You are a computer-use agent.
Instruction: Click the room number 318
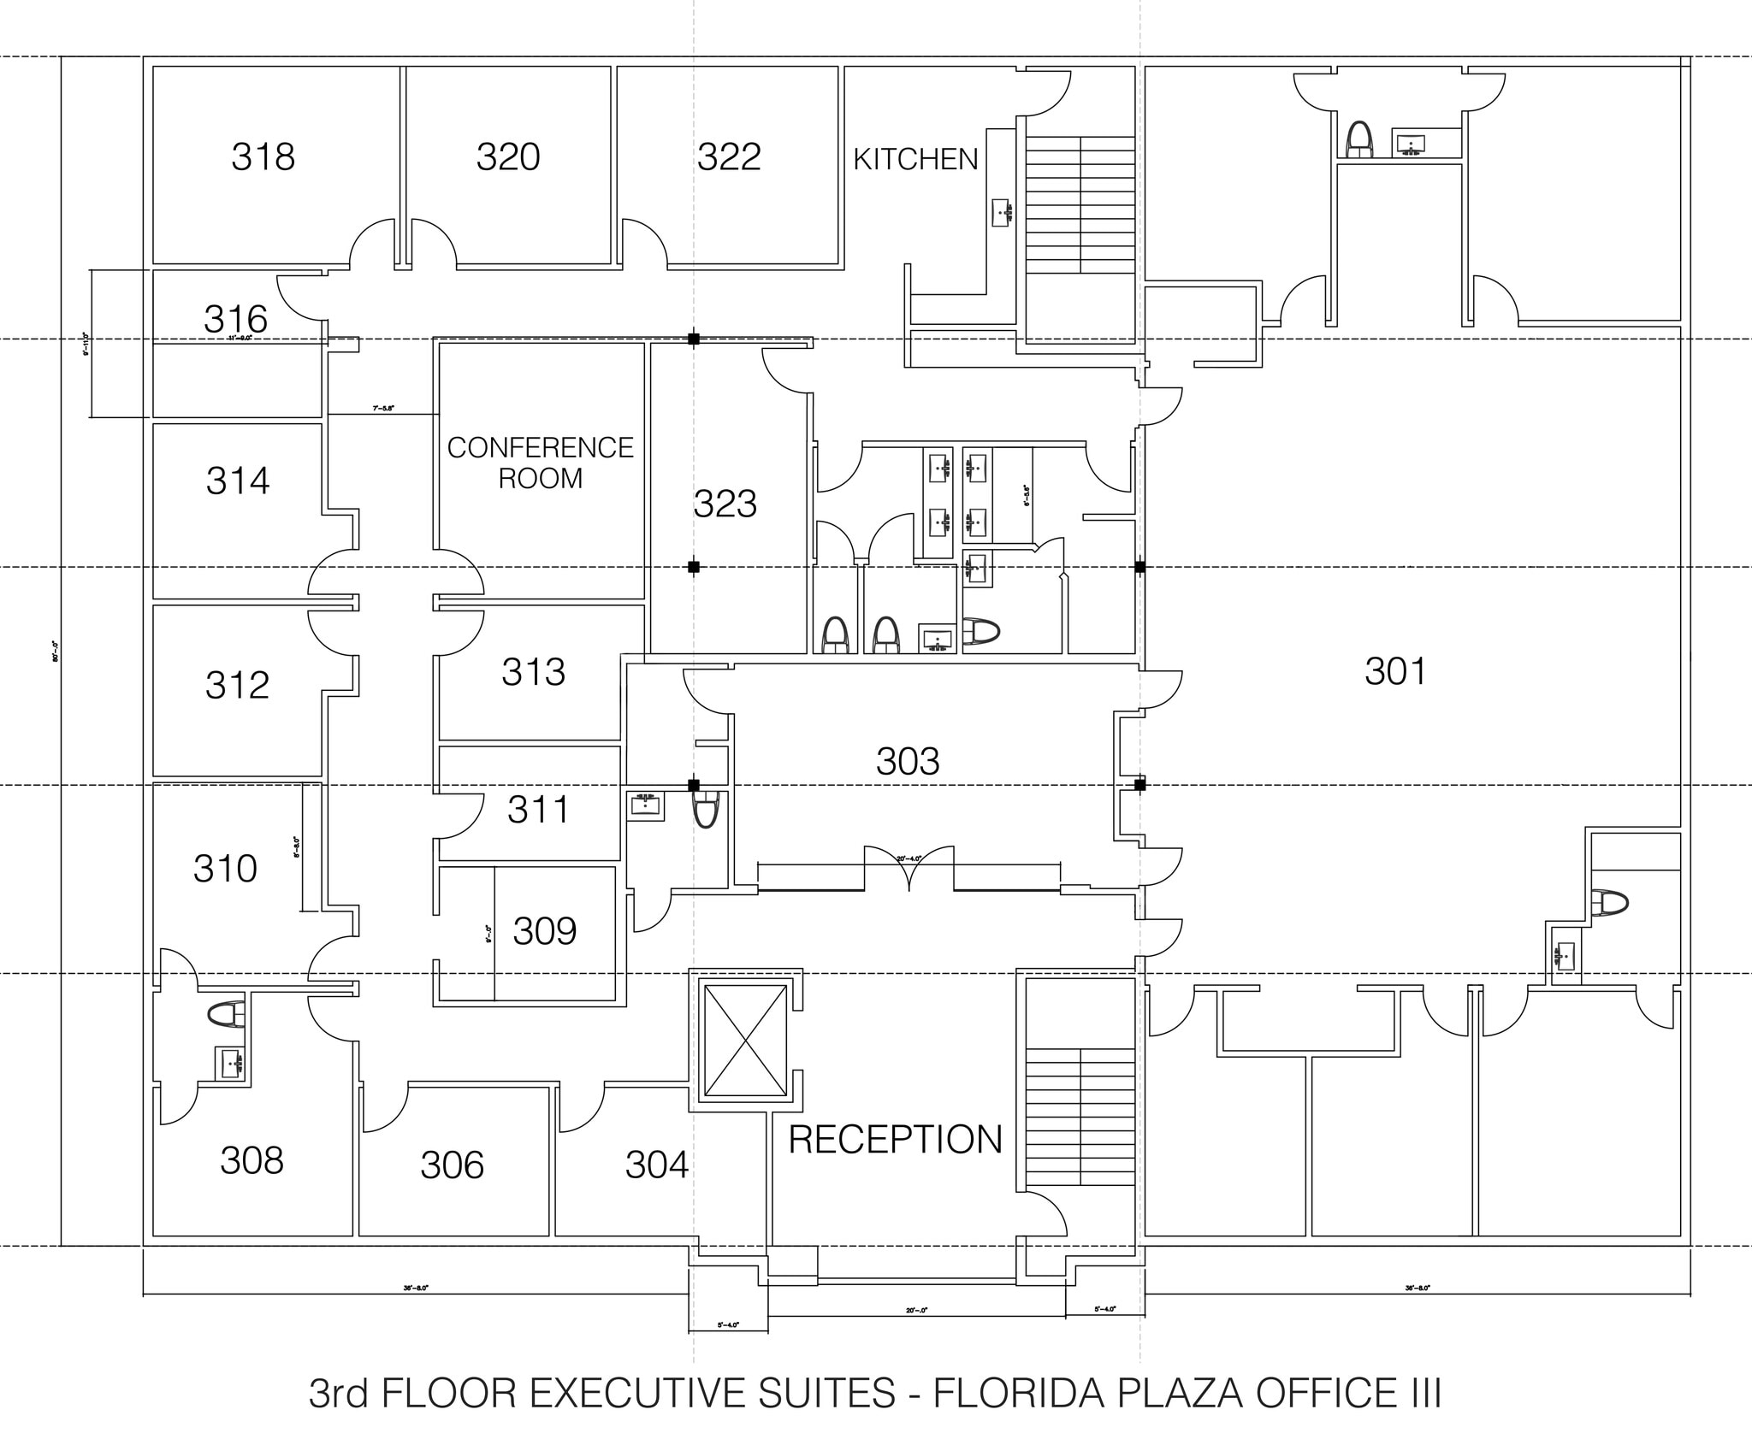click(x=263, y=157)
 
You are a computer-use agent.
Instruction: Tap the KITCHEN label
click(x=915, y=160)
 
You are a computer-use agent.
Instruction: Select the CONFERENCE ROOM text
click(x=540, y=463)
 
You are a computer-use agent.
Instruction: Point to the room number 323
click(x=725, y=504)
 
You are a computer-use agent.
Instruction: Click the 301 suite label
click(x=1395, y=672)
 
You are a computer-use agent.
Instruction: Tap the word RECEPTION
click(x=895, y=1140)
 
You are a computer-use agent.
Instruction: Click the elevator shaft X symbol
click(x=743, y=1040)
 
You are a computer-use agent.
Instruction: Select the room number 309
click(x=544, y=931)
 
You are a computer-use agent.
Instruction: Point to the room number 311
click(x=537, y=810)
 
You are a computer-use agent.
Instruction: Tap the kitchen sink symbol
click(x=1002, y=212)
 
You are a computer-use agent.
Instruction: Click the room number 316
click(x=235, y=320)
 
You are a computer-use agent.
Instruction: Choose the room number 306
click(x=452, y=1165)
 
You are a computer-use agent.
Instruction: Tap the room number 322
click(x=728, y=157)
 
